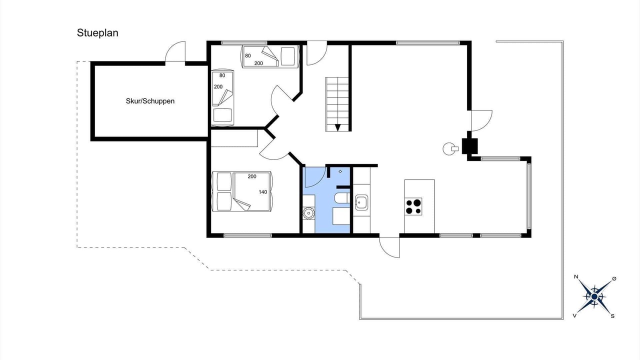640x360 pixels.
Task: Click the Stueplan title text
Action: (97, 33)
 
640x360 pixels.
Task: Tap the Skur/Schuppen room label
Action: (150, 101)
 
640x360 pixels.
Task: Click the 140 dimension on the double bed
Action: (263, 192)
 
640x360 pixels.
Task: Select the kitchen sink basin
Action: (361, 202)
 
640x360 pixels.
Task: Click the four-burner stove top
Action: (413, 206)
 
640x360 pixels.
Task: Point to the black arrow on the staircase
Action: (337, 127)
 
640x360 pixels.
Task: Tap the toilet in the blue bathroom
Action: (342, 198)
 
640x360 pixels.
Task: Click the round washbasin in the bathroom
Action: (308, 213)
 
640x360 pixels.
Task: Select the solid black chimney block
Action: (469, 146)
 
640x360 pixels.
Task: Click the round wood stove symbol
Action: (448, 148)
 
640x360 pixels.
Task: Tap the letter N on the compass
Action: (576, 276)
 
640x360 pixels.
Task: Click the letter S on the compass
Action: (612, 316)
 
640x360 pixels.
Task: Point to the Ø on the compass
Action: (614, 278)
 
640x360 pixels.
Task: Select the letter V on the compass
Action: (574, 315)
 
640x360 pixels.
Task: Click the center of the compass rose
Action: (594, 297)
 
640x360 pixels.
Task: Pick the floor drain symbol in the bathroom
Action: (340, 171)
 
